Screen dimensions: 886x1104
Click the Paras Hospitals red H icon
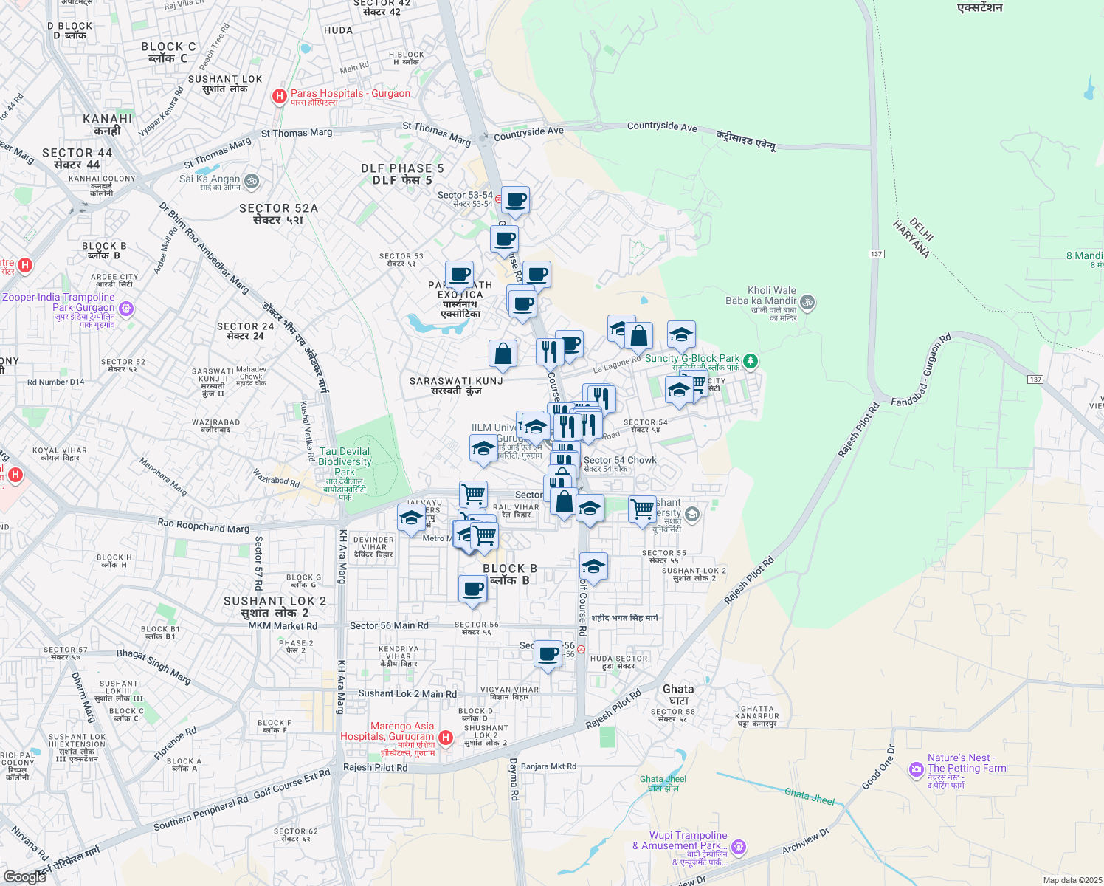click(280, 95)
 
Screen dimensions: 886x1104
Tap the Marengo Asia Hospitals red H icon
click(446, 737)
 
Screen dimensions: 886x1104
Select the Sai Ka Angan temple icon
click(251, 180)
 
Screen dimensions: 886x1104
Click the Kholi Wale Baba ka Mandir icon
click(807, 301)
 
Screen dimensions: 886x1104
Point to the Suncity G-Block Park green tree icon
click(751, 360)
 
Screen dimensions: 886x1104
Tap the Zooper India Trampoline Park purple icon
click(126, 308)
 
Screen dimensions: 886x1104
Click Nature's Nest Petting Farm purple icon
click(917, 769)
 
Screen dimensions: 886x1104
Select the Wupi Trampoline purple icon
click(739, 846)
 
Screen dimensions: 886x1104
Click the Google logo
click(25, 876)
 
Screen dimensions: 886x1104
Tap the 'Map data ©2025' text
click(1069, 880)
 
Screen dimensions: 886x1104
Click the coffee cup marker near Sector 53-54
click(516, 199)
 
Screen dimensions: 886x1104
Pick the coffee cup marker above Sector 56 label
click(473, 589)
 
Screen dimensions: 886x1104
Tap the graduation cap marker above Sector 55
click(593, 567)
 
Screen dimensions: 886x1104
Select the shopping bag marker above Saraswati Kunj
click(503, 354)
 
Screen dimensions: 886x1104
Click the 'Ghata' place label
click(678, 689)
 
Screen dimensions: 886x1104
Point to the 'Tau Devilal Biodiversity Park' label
click(345, 461)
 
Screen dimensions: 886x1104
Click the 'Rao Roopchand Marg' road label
click(204, 526)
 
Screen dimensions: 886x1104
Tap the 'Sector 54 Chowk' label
click(620, 460)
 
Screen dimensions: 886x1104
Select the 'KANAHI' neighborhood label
click(108, 119)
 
